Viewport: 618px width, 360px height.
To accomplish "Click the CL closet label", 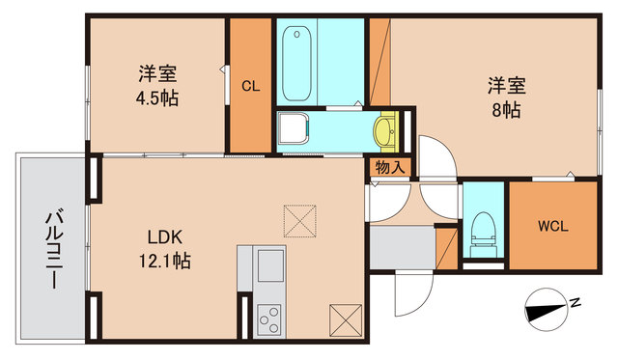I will [250, 86].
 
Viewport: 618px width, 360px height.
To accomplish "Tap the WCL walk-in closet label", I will [552, 227].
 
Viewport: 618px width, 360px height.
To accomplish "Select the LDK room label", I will [165, 237].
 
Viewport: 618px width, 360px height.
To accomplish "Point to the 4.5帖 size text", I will [156, 97].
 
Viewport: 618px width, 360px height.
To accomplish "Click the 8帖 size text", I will [505, 109].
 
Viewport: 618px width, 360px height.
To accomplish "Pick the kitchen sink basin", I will [270, 262].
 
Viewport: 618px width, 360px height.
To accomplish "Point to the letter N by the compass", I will [576, 302].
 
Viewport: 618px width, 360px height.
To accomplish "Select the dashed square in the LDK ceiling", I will [299, 221].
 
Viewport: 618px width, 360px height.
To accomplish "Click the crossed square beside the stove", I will [344, 318].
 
